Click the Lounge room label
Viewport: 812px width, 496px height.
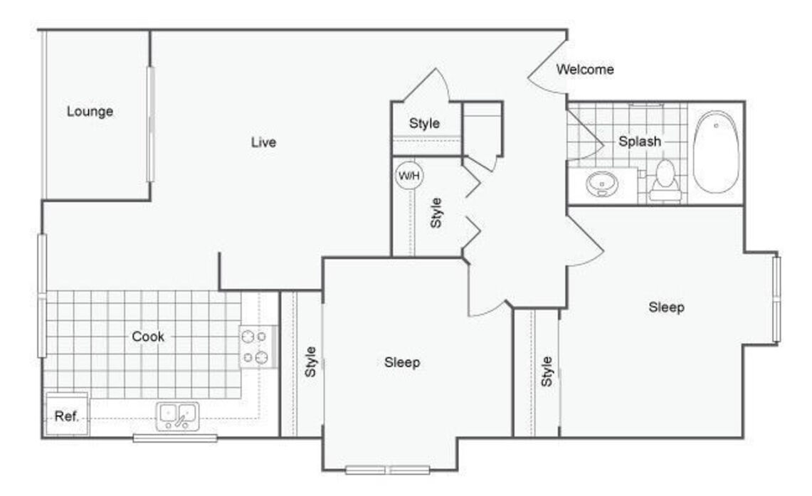[90, 111]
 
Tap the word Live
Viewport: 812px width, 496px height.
[263, 142]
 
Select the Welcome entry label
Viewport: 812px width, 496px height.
[585, 69]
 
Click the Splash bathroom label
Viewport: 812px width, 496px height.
[640, 141]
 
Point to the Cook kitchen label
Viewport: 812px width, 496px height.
[147, 337]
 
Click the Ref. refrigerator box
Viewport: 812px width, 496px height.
[67, 414]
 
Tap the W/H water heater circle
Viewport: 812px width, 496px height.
[408, 176]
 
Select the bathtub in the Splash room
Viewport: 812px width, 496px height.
[716, 152]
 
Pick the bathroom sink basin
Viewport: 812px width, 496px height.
[602, 184]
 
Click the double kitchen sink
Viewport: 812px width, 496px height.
[178, 416]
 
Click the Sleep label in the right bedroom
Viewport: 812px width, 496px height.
[667, 307]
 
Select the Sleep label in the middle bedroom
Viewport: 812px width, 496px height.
[402, 362]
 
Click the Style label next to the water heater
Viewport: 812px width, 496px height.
[436, 213]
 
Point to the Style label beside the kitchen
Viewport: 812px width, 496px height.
[310, 362]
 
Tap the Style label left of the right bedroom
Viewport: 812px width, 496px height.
[547, 371]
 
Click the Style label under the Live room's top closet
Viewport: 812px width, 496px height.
[424, 123]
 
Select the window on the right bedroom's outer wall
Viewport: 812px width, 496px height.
[776, 299]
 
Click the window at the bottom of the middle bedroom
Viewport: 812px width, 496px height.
[387, 470]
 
